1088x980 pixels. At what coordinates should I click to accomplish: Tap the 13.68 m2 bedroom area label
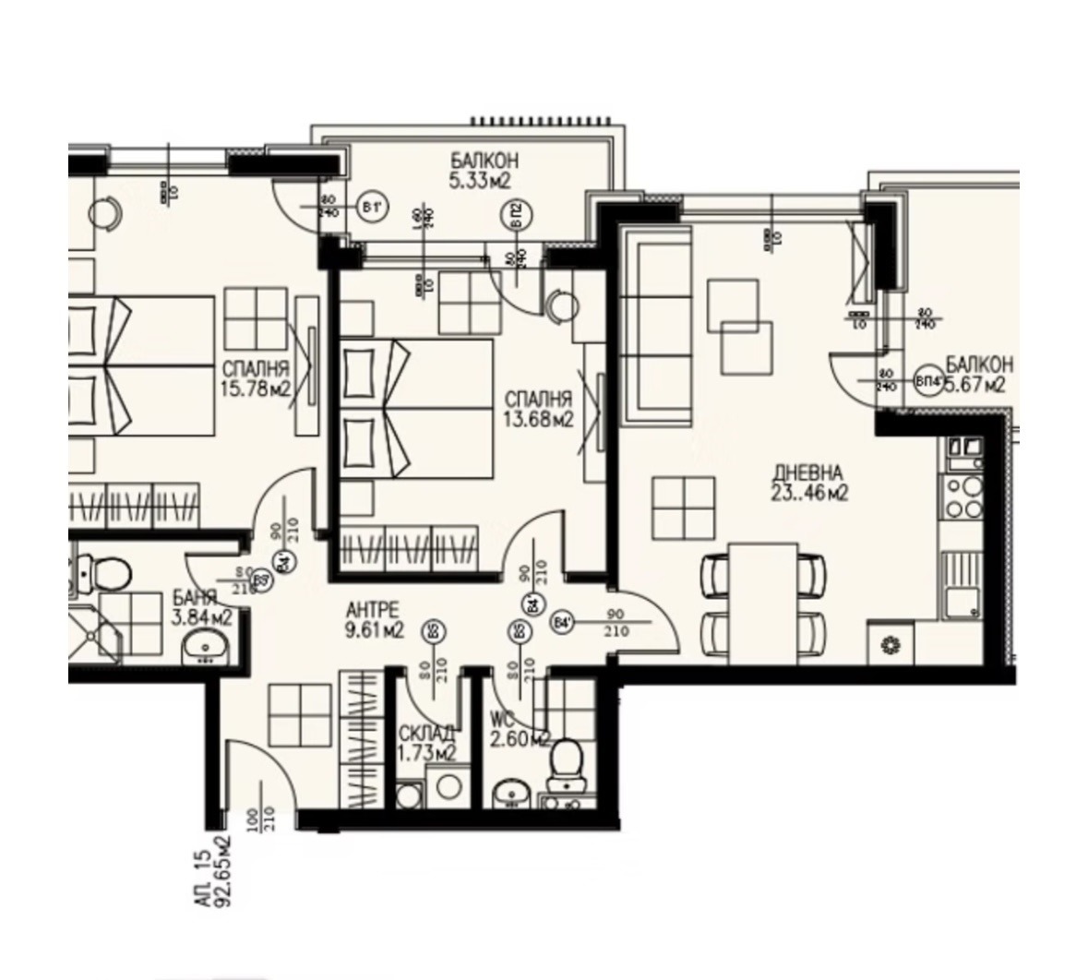coord(539,409)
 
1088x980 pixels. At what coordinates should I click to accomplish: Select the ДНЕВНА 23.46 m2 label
coord(809,484)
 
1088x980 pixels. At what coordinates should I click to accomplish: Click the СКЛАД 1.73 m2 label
coord(425,744)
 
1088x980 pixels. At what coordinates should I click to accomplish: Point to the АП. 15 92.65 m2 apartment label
coord(211,871)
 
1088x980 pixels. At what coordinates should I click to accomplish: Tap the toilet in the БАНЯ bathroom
coord(106,574)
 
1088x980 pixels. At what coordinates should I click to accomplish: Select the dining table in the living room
coord(762,602)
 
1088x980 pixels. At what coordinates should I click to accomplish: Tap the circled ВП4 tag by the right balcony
coord(925,380)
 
